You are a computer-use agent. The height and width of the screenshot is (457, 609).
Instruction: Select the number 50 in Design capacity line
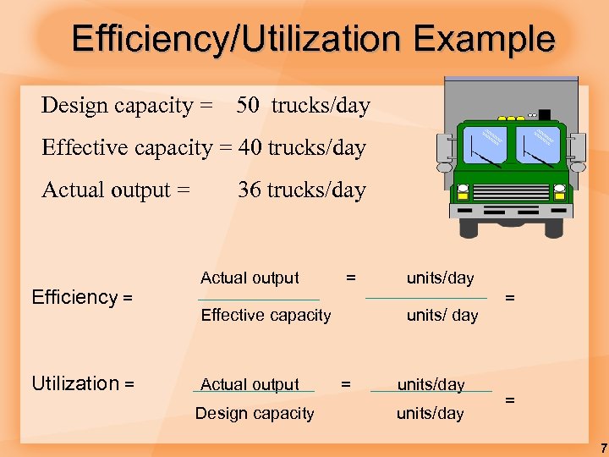point(248,106)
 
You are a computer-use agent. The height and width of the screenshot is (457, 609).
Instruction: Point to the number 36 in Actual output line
point(250,190)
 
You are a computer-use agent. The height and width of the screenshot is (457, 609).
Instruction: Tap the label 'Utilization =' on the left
point(83,383)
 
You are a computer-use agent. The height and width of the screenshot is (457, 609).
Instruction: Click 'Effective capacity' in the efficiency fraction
point(266,316)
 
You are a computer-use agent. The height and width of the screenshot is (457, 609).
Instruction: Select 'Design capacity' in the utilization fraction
point(255,414)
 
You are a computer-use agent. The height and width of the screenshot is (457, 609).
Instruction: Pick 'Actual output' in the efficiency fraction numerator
point(250,278)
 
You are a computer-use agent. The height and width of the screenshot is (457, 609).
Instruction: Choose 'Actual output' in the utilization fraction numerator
point(250,384)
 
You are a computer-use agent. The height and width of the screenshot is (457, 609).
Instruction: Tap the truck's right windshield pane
point(538,146)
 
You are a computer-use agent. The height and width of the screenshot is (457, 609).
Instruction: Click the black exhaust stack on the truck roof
point(544,114)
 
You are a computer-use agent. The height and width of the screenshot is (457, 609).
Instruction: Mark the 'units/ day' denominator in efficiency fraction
point(442,316)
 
